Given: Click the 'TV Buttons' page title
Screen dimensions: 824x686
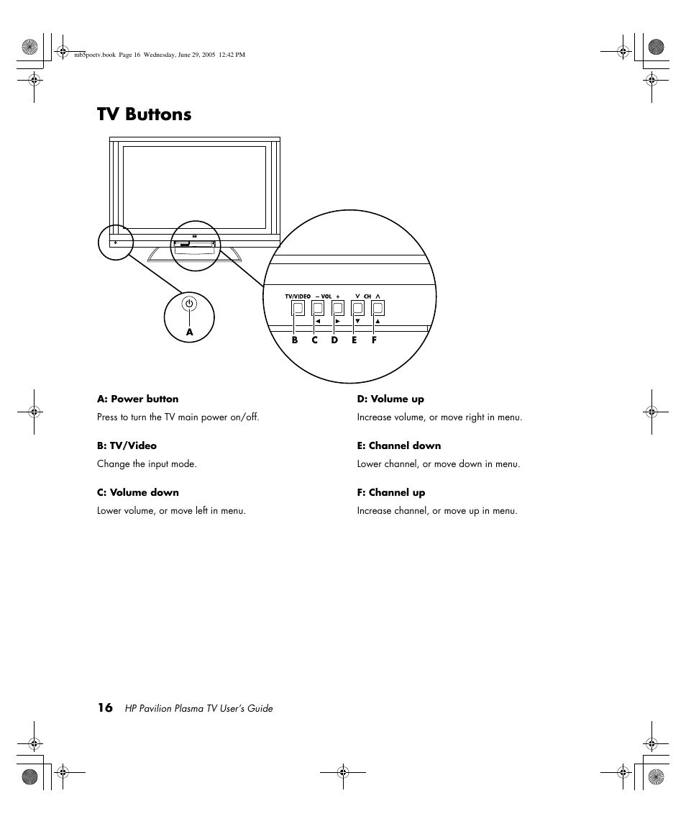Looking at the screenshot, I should point(145,114).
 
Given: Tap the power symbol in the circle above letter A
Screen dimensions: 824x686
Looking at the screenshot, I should point(189,304).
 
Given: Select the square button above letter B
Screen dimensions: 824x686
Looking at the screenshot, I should point(298,308).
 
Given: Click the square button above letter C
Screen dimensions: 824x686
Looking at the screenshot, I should point(318,308).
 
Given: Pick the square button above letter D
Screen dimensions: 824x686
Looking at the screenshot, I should point(338,308).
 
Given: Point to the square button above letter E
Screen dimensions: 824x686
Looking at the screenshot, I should point(358,308).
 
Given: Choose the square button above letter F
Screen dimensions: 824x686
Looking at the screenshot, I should point(378,308).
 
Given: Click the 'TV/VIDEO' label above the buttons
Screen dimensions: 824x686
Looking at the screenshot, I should point(298,296).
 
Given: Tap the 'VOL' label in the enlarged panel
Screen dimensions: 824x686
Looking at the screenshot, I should point(326,296).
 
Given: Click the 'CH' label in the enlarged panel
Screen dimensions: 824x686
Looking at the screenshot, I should point(367,296).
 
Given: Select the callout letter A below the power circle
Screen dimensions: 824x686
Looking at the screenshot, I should point(190,332).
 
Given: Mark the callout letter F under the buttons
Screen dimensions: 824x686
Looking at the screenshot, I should point(375,340).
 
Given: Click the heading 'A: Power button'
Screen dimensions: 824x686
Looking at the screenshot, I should point(138,399).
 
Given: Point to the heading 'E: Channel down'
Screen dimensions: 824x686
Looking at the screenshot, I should point(399,446).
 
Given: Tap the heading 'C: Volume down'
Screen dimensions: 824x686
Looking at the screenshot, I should point(138,493).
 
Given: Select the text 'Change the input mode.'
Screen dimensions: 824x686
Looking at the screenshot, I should point(147,464).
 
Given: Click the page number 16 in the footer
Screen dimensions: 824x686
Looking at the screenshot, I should point(105,707).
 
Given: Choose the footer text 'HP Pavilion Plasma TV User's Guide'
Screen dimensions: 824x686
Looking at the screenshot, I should point(199,709).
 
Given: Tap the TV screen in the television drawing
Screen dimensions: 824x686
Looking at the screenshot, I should point(194,187).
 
